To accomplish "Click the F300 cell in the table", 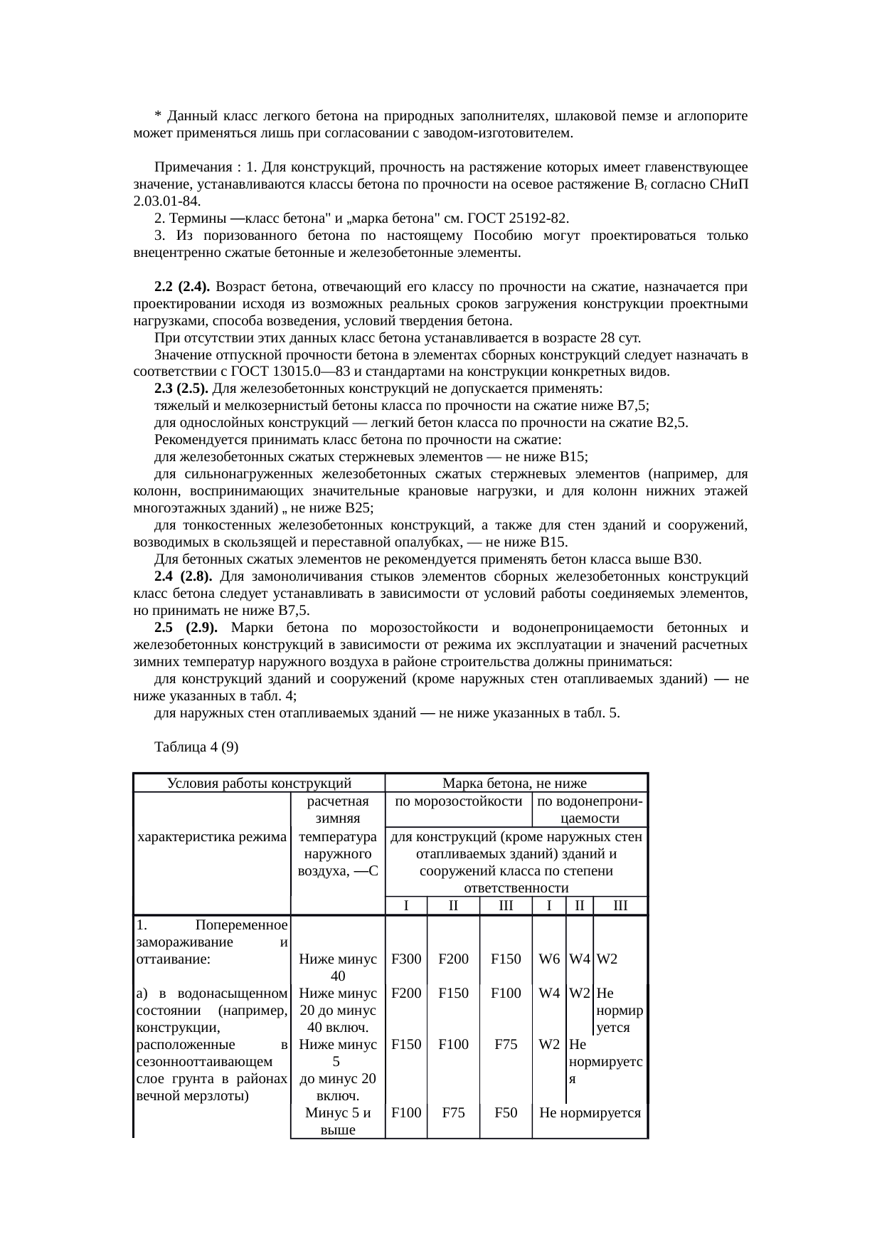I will coord(405,959).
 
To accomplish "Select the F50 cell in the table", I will coord(505,1112).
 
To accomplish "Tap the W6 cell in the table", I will coord(548,959).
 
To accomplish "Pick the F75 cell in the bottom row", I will coord(453,1112).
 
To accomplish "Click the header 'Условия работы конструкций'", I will coord(259,784).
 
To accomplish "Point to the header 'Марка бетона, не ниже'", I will coord(515,784).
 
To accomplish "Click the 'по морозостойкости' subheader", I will coord(458,801).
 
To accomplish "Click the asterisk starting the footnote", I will coord(157,116).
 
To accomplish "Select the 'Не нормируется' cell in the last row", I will coord(590,1112).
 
